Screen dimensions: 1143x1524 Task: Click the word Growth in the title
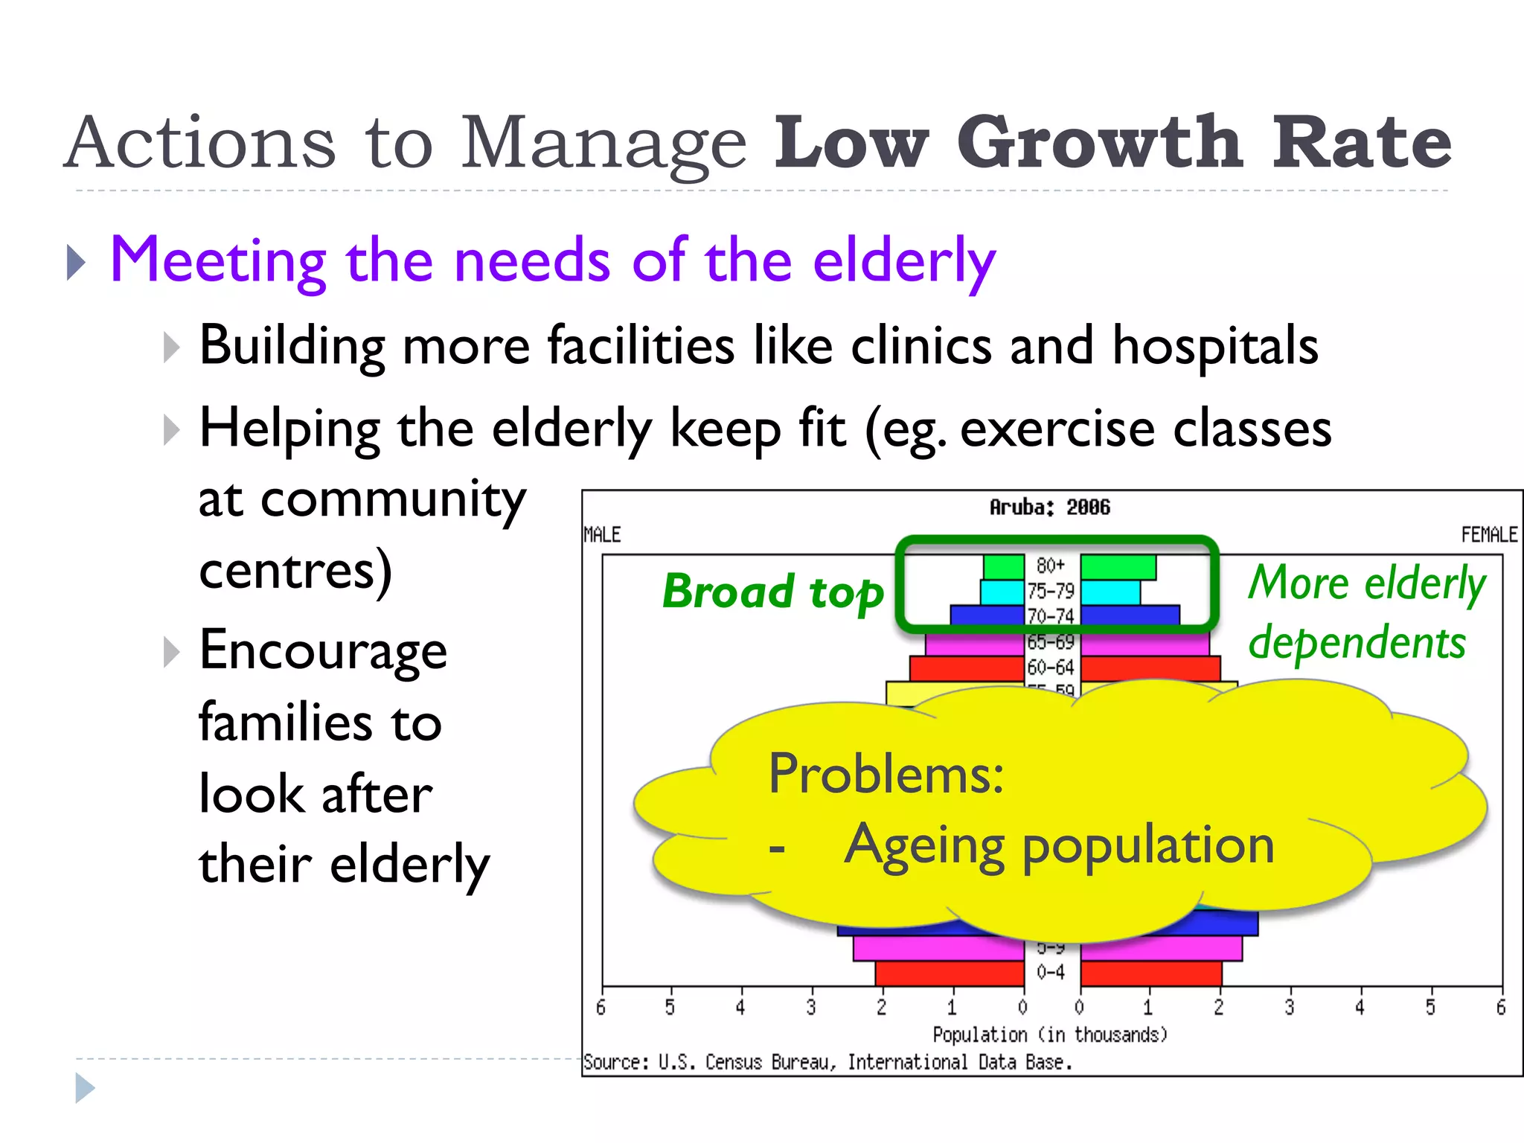(1100, 143)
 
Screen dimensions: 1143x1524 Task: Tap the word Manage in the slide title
(603, 143)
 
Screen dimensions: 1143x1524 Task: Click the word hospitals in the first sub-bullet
(1214, 347)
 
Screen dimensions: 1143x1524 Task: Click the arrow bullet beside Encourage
(172, 652)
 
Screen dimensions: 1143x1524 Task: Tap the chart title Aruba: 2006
(1049, 508)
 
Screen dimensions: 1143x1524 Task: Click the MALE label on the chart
(602, 534)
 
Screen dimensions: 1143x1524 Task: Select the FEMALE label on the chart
(1488, 534)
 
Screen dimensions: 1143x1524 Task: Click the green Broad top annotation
(772, 592)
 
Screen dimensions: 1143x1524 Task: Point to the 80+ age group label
(1051, 566)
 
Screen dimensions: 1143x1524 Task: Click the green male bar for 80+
(1004, 567)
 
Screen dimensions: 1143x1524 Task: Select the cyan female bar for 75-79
(1110, 592)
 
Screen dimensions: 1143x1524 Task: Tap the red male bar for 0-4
(950, 973)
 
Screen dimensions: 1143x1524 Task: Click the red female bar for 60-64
(1150, 667)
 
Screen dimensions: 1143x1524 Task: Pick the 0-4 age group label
(1051, 972)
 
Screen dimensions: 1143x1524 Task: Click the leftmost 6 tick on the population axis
(601, 1008)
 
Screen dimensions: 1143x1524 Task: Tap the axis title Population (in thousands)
(1049, 1034)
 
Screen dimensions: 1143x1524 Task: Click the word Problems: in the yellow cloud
(886, 774)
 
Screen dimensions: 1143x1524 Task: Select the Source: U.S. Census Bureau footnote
(827, 1063)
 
